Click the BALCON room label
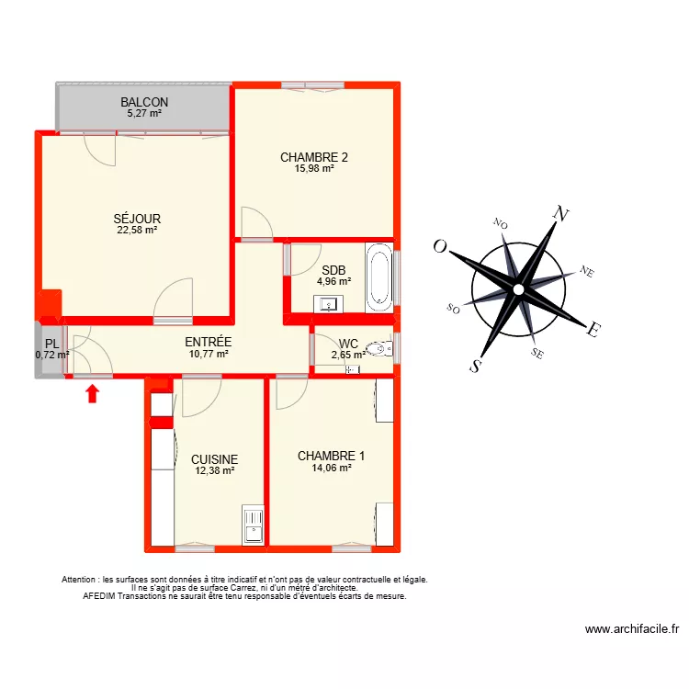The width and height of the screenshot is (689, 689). point(144,102)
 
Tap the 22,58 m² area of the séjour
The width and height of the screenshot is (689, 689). point(137,231)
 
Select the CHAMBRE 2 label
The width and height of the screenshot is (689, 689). point(314,156)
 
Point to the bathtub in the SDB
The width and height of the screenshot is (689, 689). point(378,276)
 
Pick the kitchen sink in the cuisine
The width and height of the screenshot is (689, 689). point(252,525)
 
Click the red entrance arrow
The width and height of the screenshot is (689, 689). point(92,394)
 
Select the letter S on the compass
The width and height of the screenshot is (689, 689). point(476,365)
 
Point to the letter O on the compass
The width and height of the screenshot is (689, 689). point(441,246)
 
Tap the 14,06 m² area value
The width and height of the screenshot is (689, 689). point(331,468)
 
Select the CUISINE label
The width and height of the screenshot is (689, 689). point(215,459)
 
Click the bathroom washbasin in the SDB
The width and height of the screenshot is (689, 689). point(328,304)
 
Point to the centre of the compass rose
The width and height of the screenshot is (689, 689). point(519,289)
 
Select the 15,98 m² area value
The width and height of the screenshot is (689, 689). point(314,168)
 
